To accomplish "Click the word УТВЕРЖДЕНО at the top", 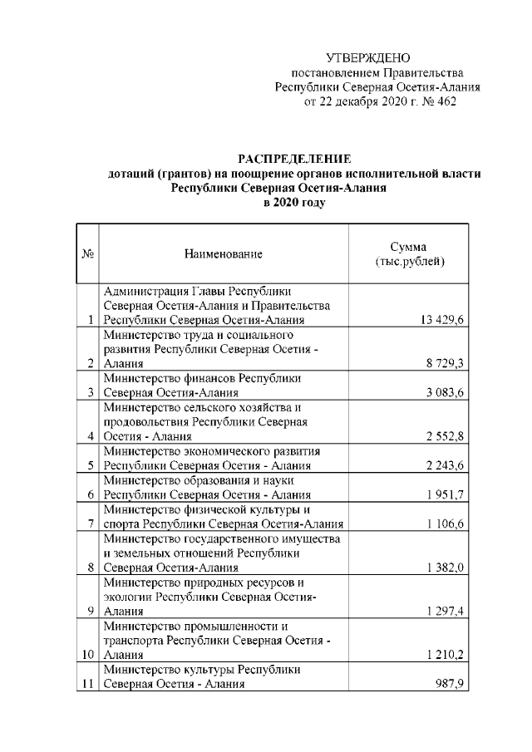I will click(x=368, y=57).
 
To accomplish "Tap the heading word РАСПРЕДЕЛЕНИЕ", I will click(x=295, y=158).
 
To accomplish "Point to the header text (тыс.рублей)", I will click(x=409, y=262).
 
